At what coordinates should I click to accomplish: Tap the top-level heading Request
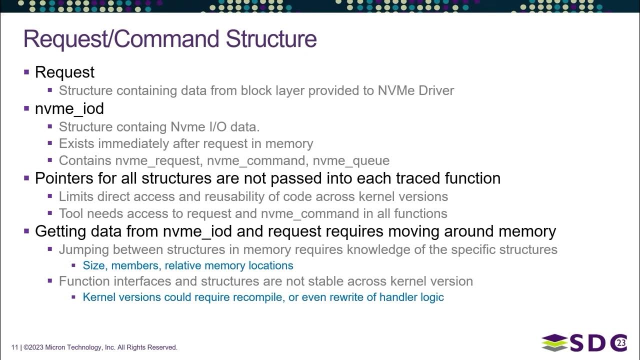[x=64, y=72]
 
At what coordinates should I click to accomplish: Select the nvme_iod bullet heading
[x=69, y=108]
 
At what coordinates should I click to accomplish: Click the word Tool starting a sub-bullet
[x=71, y=213]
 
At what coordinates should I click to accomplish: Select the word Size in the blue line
[x=94, y=265]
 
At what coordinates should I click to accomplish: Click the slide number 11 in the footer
[x=14, y=347]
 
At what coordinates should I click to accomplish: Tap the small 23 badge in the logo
[x=621, y=343]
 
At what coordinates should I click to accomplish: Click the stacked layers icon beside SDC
[x=554, y=343]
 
